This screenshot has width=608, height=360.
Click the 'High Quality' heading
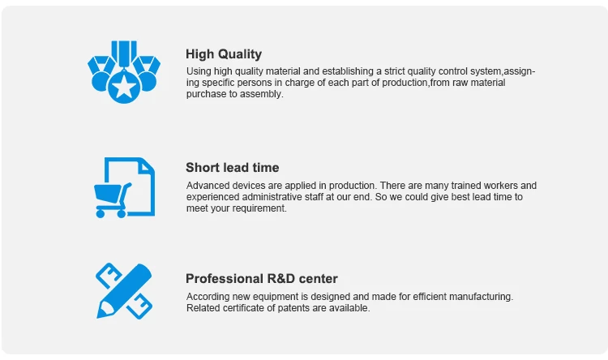point(224,54)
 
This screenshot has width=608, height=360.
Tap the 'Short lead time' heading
point(233,168)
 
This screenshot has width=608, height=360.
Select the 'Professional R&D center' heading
point(262,279)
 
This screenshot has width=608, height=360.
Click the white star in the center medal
point(124,86)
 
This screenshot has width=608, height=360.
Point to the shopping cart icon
point(113,200)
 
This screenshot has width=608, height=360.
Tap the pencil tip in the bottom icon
point(103,311)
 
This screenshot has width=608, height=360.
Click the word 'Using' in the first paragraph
point(199,71)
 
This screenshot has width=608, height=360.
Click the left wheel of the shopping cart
point(100,213)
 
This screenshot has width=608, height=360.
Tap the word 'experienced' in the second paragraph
point(212,197)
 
